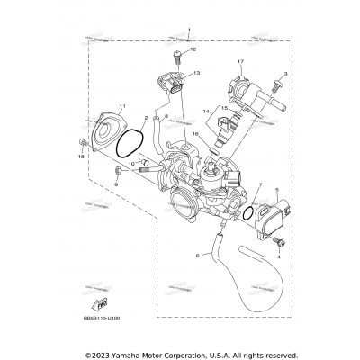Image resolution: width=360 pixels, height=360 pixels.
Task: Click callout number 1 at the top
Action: (190, 31)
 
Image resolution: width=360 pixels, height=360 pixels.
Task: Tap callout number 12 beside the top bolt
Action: (193, 51)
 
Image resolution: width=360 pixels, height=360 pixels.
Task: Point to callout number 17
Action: (240, 60)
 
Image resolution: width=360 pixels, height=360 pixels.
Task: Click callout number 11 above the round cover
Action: (123, 106)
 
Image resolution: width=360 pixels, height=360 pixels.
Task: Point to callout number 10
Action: (131, 165)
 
